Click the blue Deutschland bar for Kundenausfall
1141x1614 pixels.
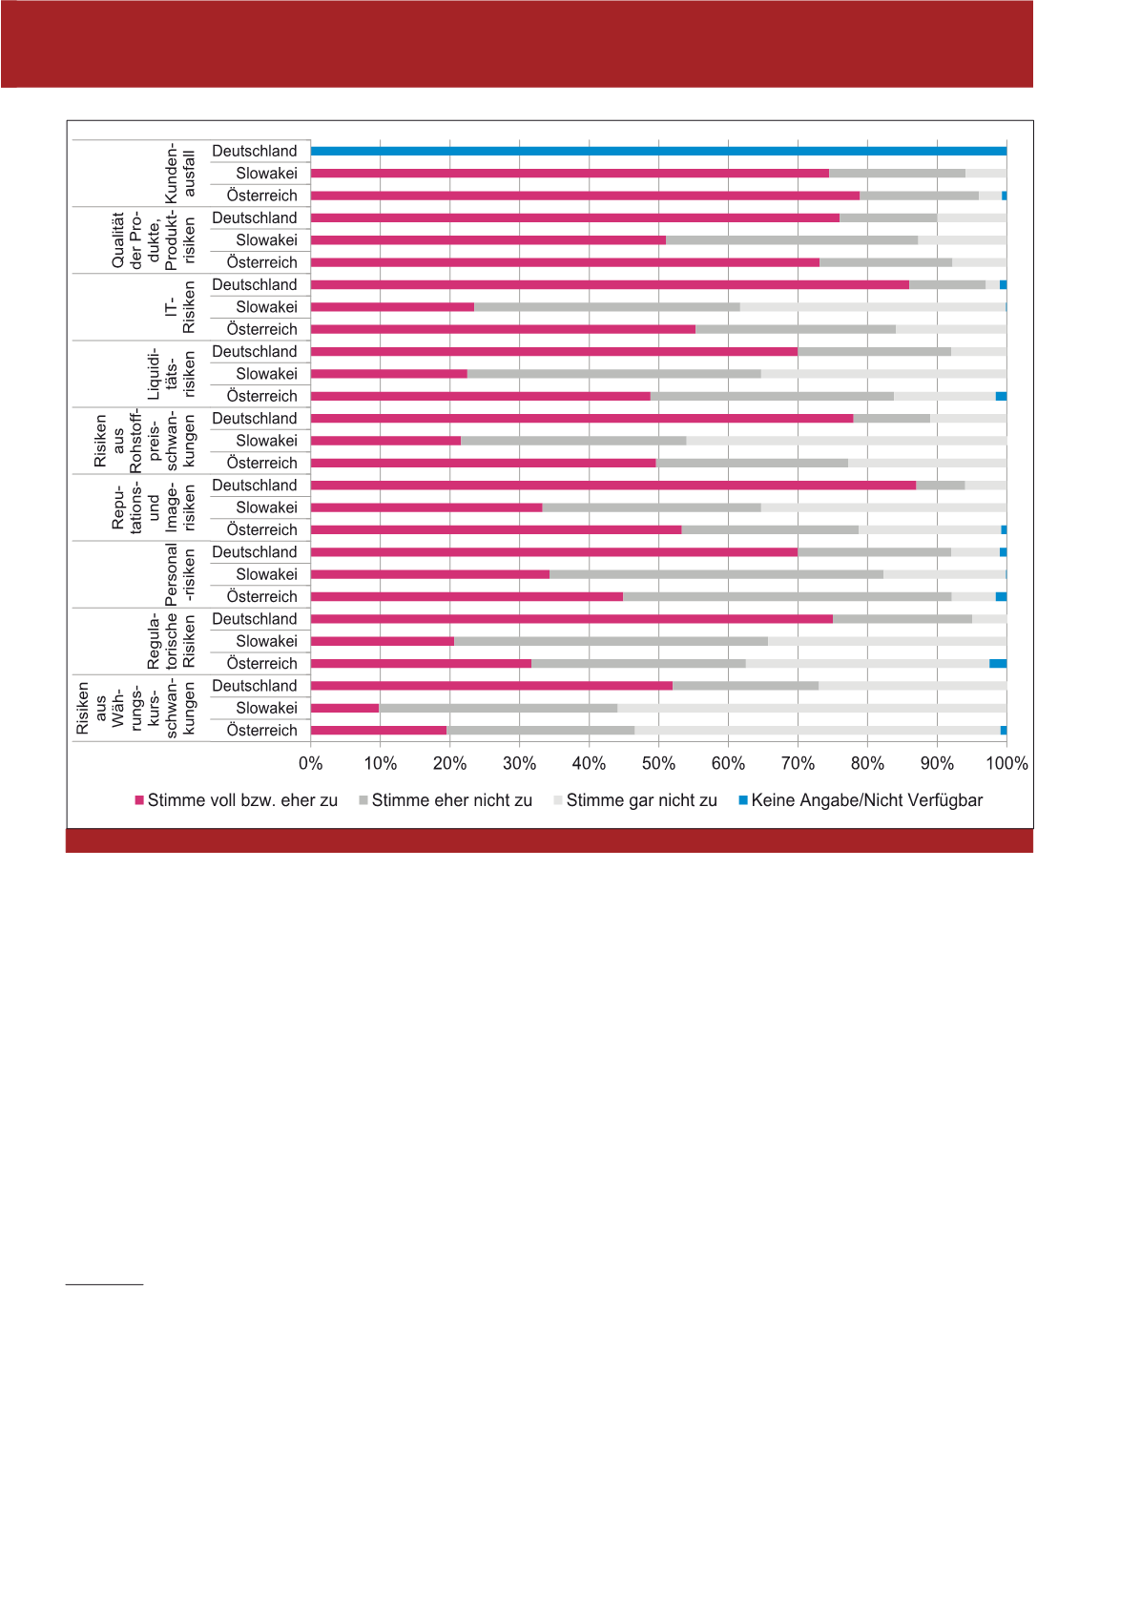point(658,151)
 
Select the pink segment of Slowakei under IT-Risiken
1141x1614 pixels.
point(392,307)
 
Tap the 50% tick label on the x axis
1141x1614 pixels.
point(658,764)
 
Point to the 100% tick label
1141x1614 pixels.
point(1006,764)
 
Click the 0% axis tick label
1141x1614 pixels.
point(311,764)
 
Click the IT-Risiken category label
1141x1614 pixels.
point(179,307)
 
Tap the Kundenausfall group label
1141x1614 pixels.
point(179,174)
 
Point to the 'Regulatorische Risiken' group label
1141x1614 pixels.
point(171,641)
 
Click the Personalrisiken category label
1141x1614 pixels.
point(179,574)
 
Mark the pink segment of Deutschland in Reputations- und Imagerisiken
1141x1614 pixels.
point(613,486)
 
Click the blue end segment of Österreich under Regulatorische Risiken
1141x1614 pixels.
point(998,664)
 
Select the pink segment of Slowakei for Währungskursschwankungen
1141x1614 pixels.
point(345,708)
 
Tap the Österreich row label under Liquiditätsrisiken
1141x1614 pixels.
point(262,396)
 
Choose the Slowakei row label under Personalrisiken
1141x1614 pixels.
point(267,574)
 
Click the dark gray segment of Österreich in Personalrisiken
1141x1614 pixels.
point(787,597)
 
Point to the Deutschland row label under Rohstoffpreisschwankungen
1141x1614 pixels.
point(255,419)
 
